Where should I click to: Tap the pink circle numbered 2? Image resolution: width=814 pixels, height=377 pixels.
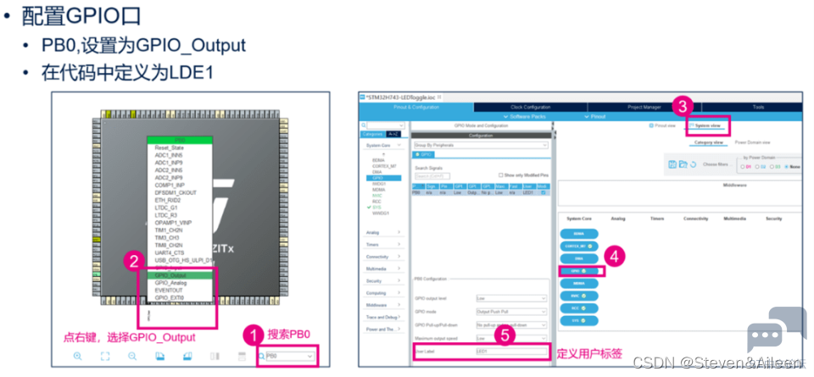pos(133,261)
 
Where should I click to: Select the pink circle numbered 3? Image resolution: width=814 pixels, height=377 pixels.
pos(683,107)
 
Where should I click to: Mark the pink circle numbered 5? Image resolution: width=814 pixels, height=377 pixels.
pos(505,335)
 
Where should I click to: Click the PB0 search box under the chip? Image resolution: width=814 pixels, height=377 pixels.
pos(290,357)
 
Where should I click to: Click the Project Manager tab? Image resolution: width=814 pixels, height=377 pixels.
pos(644,107)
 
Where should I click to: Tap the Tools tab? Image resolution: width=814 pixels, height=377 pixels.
pos(757,107)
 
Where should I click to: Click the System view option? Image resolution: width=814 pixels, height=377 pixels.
pos(706,125)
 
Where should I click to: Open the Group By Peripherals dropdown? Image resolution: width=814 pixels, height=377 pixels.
pos(480,145)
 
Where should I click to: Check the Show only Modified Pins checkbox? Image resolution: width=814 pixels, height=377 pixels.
pos(500,175)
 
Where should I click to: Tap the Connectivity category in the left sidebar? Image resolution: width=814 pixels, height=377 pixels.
pos(384,256)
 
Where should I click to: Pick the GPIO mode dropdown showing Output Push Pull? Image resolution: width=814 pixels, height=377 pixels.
pos(510,311)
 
